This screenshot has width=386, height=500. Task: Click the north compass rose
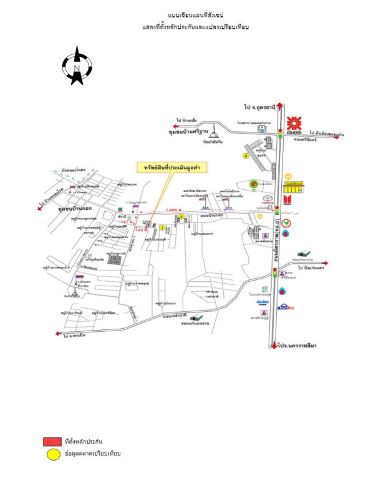point(77,65)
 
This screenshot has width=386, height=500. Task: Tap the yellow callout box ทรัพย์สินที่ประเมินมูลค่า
point(172,167)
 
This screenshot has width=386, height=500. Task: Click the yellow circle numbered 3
point(246,156)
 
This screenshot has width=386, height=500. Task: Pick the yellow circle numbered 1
point(162,228)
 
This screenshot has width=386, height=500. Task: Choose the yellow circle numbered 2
point(181,217)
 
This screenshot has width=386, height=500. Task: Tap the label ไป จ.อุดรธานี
point(256,107)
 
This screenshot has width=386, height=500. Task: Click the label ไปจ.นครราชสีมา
point(300,344)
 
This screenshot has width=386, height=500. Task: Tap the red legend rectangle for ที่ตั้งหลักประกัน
point(51,442)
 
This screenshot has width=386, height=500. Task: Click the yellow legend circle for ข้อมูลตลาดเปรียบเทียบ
point(51,454)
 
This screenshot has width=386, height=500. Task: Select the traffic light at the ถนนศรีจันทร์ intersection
point(280,132)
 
